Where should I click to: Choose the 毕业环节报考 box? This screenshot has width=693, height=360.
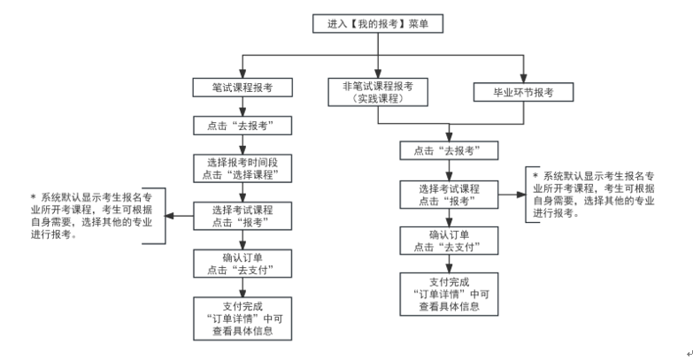(524, 91)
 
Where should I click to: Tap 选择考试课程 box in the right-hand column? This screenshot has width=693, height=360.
(448, 195)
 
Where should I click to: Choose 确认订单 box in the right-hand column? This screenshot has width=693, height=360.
(448, 241)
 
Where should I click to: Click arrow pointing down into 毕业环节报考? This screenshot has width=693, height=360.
(524, 71)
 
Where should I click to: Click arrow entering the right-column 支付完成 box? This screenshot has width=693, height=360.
(448, 264)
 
